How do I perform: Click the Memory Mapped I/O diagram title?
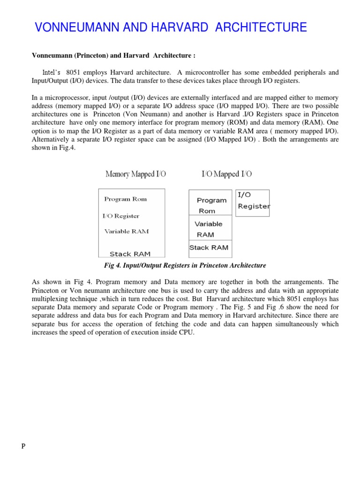click(135, 174)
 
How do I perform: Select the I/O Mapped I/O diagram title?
click(226, 174)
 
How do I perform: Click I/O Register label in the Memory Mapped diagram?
click(120, 216)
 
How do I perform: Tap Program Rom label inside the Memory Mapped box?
click(125, 199)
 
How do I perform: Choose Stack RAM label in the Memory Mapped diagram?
click(130, 254)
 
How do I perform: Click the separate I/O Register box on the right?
click(253, 202)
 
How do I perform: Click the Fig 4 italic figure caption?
click(185, 265)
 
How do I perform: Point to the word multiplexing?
click(52, 299)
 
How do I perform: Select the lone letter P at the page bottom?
click(23, 446)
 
